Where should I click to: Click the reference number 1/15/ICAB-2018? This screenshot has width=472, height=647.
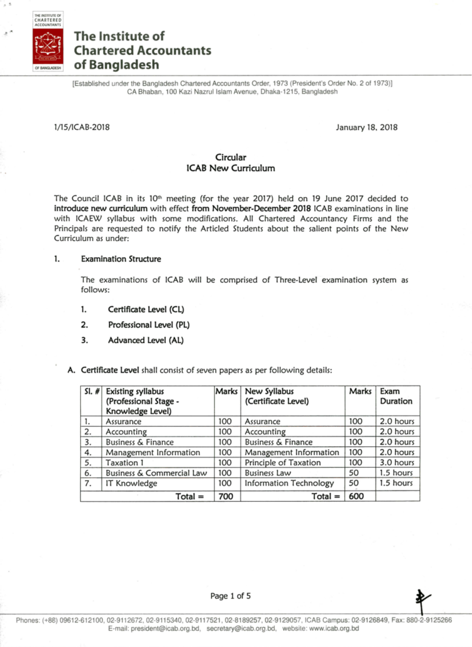[x=82, y=127]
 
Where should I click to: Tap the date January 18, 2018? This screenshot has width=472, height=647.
[x=367, y=127]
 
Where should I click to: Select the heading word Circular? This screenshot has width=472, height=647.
[x=230, y=157]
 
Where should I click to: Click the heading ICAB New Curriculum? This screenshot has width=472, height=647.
[x=230, y=168]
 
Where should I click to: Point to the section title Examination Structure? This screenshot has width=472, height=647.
[x=121, y=259]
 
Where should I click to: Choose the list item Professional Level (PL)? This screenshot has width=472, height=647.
[x=149, y=325]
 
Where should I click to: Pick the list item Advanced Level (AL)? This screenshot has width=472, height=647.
[x=146, y=340]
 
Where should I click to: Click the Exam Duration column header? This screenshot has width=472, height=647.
[x=396, y=396]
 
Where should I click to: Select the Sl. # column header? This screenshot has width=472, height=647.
[x=92, y=392]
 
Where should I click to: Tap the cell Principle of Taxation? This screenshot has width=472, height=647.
[x=282, y=463]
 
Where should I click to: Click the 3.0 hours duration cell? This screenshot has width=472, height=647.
[x=397, y=463]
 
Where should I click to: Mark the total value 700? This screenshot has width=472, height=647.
[x=226, y=496]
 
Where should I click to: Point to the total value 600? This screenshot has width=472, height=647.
[x=356, y=496]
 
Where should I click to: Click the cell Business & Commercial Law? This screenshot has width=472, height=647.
[x=156, y=473]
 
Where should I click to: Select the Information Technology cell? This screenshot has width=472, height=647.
[x=289, y=483]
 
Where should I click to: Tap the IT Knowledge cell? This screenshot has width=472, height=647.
[x=131, y=483]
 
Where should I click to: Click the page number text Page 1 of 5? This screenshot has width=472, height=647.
[x=230, y=596]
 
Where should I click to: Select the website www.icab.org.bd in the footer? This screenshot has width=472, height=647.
[x=334, y=629]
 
